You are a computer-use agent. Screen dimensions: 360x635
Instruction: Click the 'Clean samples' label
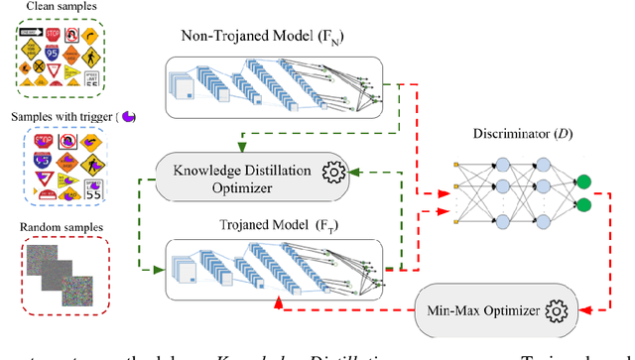[48, 9]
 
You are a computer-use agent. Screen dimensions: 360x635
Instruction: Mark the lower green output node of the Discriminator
[585, 206]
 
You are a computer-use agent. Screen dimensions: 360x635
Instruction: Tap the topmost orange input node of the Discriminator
[455, 160]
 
